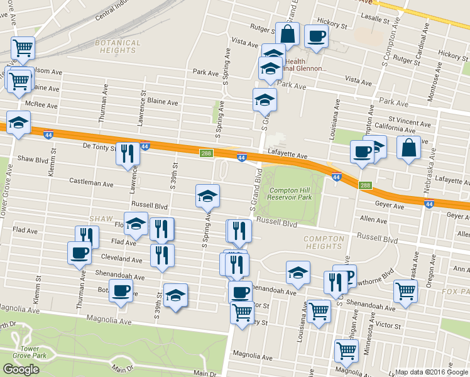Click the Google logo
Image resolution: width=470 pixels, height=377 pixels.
(x=21, y=369)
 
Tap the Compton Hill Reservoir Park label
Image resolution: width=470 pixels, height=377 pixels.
(x=291, y=194)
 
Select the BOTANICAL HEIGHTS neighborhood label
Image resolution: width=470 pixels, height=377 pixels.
(x=117, y=46)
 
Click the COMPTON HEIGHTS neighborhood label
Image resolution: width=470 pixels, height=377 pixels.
(x=324, y=243)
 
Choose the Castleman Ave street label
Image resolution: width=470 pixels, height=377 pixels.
(x=91, y=183)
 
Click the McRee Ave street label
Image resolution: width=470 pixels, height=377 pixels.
(x=38, y=104)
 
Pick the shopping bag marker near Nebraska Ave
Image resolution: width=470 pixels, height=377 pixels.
(x=408, y=148)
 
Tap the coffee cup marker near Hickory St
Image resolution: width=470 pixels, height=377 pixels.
(x=316, y=35)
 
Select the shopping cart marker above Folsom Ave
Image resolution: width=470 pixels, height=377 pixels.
(x=23, y=46)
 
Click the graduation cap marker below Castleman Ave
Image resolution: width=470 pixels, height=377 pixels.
(x=207, y=196)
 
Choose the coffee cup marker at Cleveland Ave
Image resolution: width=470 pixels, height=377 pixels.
(x=79, y=253)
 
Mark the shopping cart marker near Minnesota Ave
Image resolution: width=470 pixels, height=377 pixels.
(x=346, y=351)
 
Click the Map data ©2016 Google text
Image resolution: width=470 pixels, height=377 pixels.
(x=431, y=371)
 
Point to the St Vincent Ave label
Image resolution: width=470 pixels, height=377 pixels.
(x=409, y=119)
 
